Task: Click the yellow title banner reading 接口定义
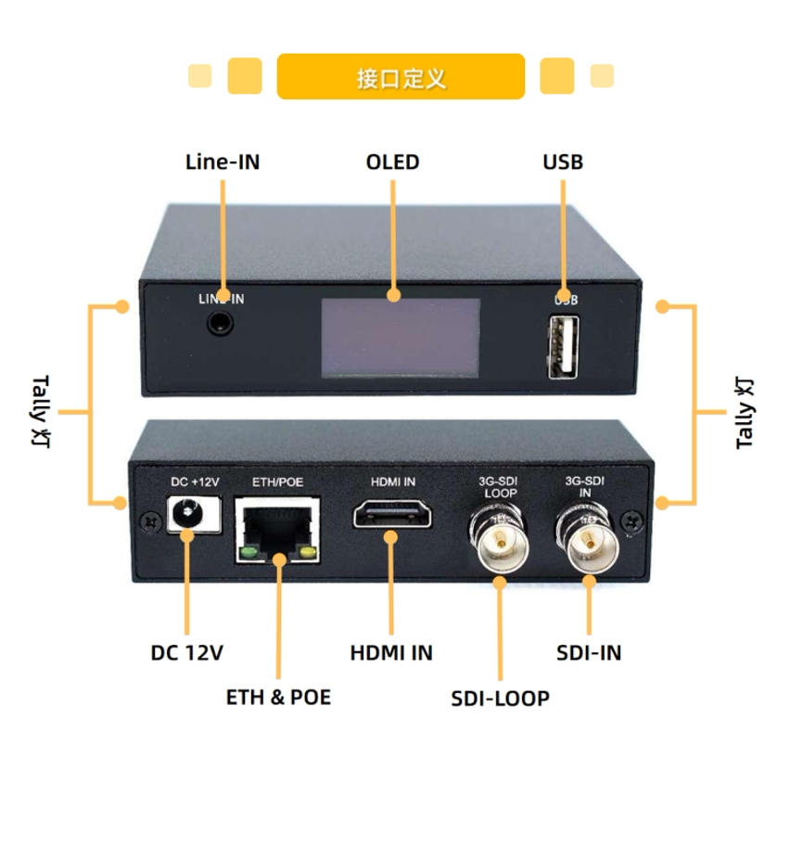pyautogui.click(x=401, y=77)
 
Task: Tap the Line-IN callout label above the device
pyautogui.click(x=223, y=162)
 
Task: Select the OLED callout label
pyautogui.click(x=392, y=162)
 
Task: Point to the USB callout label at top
pyautogui.click(x=563, y=162)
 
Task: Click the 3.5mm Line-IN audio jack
pyautogui.click(x=220, y=324)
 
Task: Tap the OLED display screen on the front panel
pyautogui.click(x=401, y=338)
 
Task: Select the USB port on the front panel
pyautogui.click(x=563, y=347)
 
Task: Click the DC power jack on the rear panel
pyautogui.click(x=193, y=514)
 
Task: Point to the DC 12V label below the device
pyautogui.click(x=187, y=653)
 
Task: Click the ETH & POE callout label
pyautogui.click(x=278, y=697)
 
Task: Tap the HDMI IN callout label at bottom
pyautogui.click(x=391, y=653)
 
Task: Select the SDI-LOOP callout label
pyautogui.click(x=500, y=699)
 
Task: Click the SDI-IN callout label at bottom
pyautogui.click(x=589, y=653)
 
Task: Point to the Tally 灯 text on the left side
pyautogui.click(x=41, y=411)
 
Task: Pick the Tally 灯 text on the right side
pyautogui.click(x=746, y=414)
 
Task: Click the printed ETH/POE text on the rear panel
pyautogui.click(x=277, y=482)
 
